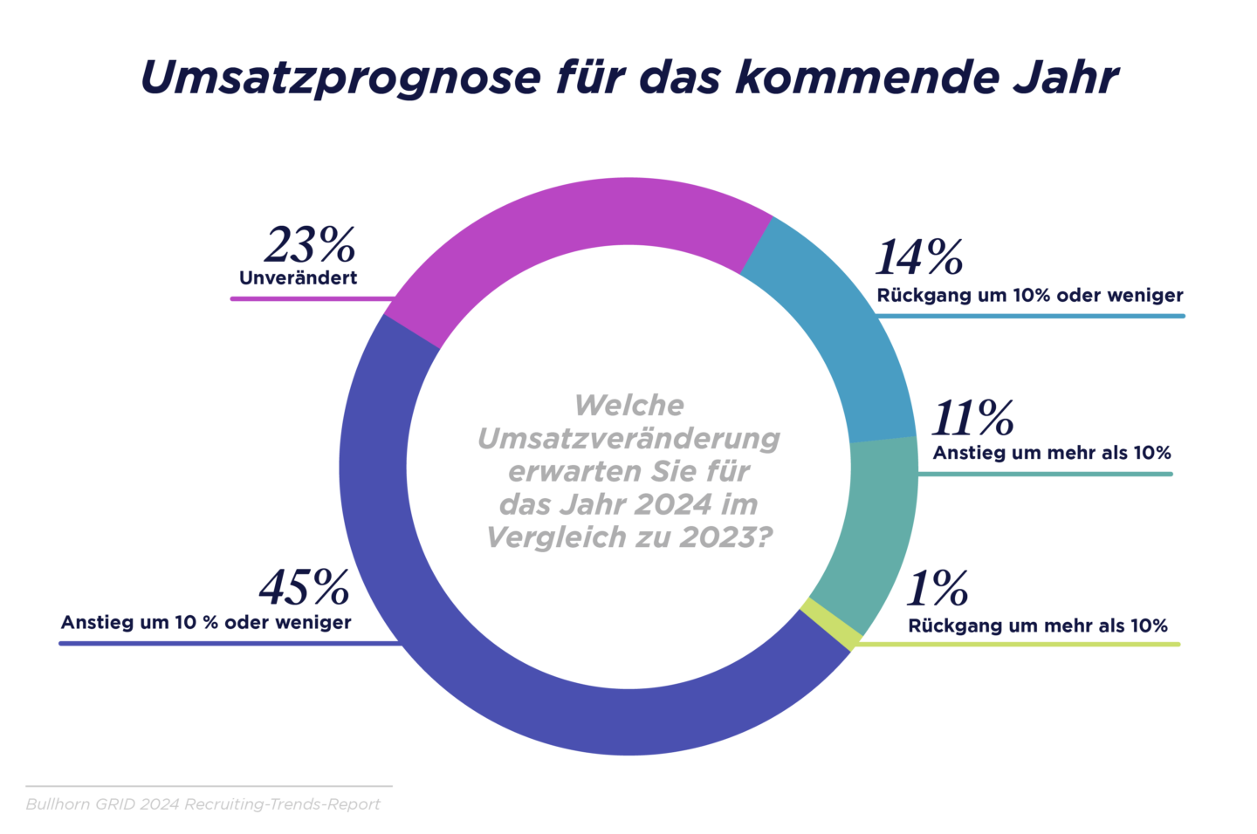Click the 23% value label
310,245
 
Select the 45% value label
305,588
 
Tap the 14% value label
919,257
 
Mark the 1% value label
938,589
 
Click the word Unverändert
298,278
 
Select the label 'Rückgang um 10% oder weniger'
1030,296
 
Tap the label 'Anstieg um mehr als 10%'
1052,453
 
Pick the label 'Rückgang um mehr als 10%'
1038,625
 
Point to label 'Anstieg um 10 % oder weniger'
206,623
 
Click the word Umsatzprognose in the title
340,78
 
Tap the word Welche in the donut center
628,405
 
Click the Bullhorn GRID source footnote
203,804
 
